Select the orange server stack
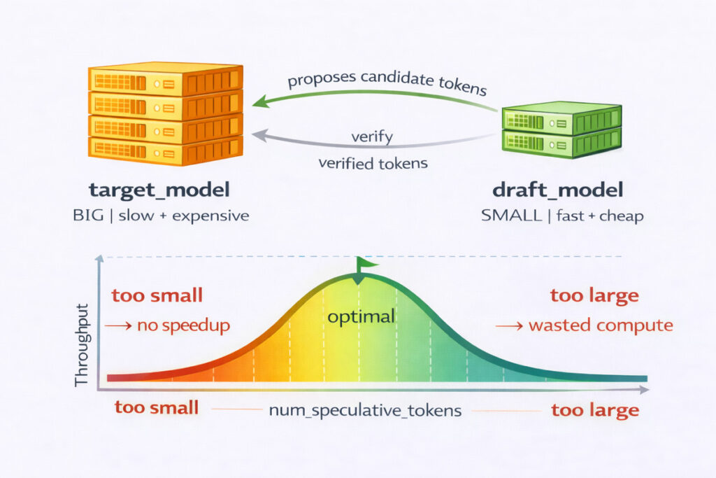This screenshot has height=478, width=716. click(x=165, y=114)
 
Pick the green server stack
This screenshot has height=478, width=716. click(x=561, y=129)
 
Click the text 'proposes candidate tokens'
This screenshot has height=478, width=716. click(x=387, y=83)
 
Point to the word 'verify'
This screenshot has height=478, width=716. click(x=372, y=136)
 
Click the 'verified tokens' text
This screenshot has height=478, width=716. click(x=373, y=163)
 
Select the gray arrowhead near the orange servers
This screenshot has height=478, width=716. click(x=259, y=135)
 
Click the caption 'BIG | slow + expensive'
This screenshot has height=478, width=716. click(x=161, y=216)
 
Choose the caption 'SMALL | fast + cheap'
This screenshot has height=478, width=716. click(x=562, y=216)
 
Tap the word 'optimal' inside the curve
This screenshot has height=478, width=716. click(x=361, y=317)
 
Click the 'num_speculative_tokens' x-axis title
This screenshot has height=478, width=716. click(x=365, y=410)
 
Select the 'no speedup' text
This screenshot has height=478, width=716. click(x=184, y=325)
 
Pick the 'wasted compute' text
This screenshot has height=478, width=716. click(x=601, y=325)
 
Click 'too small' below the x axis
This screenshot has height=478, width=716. click(x=157, y=407)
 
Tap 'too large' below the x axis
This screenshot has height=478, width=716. click(x=595, y=410)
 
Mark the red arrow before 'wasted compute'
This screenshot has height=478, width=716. click(x=510, y=326)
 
